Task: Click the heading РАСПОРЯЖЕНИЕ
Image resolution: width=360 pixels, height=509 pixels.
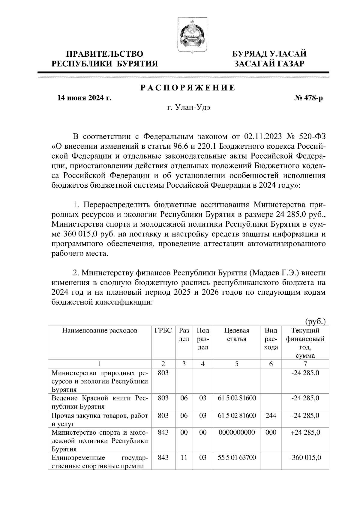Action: (x=188, y=88)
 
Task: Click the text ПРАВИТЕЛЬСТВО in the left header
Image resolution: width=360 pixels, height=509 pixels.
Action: (x=105, y=54)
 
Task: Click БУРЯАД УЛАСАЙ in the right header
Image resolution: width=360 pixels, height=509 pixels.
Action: (x=270, y=54)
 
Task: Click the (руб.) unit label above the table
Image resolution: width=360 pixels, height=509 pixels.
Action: (x=315, y=322)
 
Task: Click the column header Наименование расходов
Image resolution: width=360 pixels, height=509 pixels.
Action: (x=100, y=331)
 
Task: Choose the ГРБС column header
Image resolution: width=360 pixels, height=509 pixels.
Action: (x=163, y=331)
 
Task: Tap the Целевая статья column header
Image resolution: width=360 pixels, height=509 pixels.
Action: (x=237, y=335)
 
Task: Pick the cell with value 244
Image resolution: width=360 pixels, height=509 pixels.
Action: (x=271, y=415)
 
